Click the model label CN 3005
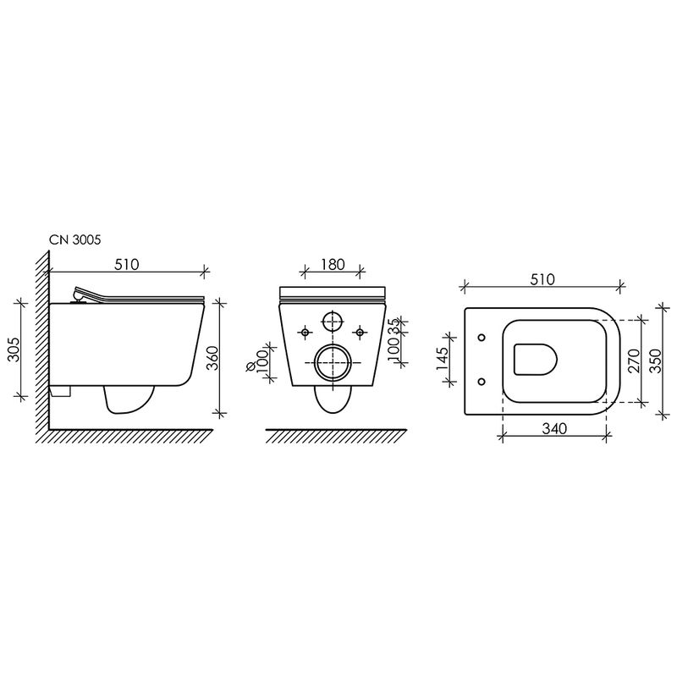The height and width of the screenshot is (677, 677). coord(74,239)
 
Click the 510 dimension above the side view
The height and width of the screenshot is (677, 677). coord(126,264)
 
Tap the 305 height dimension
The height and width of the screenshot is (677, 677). coord(14,350)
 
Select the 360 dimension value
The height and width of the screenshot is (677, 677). coord(212,358)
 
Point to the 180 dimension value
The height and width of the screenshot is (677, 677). coord(333,264)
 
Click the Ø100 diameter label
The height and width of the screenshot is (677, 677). coord(257,361)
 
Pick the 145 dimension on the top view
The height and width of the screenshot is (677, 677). coord(442,359)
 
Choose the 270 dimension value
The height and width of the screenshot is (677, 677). coord(633,361)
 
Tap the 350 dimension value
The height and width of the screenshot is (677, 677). coord(654,361)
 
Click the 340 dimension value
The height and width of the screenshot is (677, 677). coord(554,429)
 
